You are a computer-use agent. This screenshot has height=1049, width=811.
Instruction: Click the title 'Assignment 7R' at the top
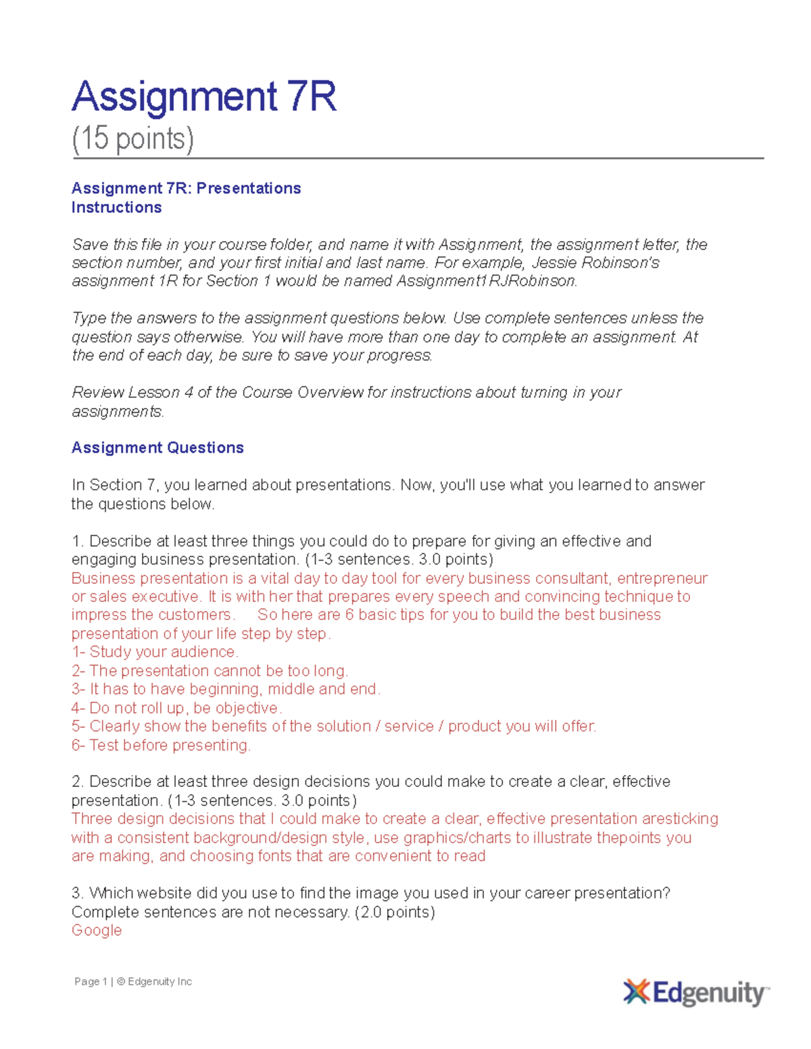pyautogui.click(x=203, y=97)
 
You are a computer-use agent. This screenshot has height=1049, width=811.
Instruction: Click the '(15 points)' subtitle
pyautogui.click(x=132, y=139)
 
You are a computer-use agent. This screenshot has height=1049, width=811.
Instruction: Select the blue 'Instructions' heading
pyautogui.click(x=116, y=207)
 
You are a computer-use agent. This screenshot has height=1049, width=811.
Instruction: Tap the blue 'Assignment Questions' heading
pyautogui.click(x=157, y=448)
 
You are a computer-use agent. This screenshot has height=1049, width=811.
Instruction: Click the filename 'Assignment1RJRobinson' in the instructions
pyautogui.click(x=486, y=281)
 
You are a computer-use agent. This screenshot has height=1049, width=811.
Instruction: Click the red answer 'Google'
pyautogui.click(x=97, y=930)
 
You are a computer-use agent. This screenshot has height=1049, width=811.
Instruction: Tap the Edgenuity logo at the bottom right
pyautogui.click(x=696, y=993)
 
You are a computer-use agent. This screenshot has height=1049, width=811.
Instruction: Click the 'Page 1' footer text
pyautogui.click(x=91, y=981)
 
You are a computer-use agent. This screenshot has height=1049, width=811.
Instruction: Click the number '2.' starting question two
pyautogui.click(x=77, y=782)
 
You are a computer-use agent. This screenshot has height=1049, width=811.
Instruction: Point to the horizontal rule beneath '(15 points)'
pyautogui.click(x=418, y=159)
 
